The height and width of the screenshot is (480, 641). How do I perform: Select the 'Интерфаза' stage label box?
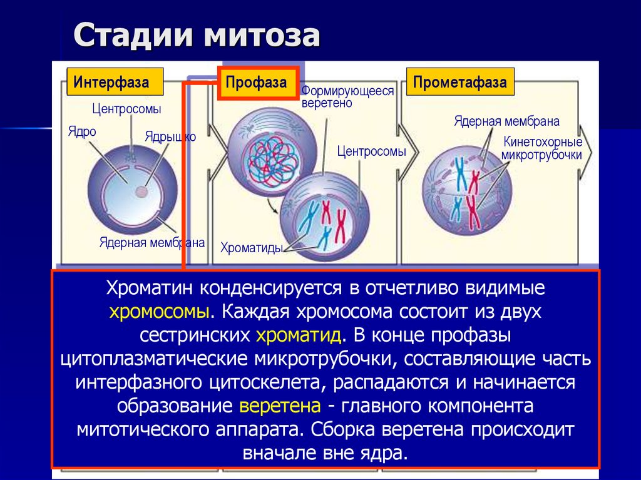click(x=112, y=82)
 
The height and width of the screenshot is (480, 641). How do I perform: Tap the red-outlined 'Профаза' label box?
click(x=257, y=82)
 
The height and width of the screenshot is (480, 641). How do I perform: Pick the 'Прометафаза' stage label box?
click(x=460, y=82)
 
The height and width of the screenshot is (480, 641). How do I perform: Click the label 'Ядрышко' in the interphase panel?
click(x=170, y=136)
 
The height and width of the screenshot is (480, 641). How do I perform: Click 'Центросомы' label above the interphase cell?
click(x=126, y=109)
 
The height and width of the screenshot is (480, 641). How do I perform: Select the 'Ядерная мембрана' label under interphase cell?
click(x=152, y=243)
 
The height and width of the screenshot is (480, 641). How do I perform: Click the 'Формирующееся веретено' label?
click(x=347, y=97)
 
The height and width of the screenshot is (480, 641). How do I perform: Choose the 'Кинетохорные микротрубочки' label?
click(x=542, y=148)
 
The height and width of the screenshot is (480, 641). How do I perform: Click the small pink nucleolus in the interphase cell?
click(x=143, y=192)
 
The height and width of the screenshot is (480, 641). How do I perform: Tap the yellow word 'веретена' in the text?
click(x=280, y=406)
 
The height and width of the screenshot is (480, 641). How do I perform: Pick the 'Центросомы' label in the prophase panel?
click(x=371, y=151)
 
